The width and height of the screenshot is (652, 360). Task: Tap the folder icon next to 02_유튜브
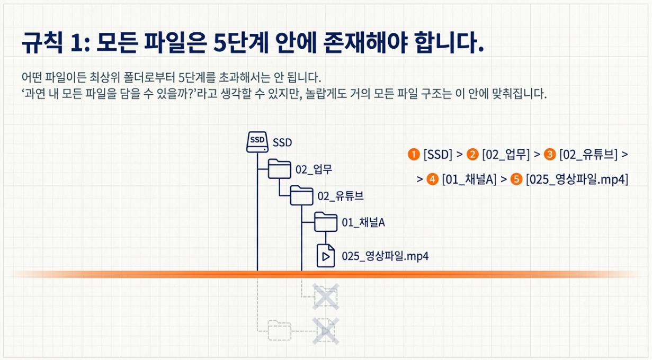click(302, 196)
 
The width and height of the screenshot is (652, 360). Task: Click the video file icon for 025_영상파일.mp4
click(325, 256)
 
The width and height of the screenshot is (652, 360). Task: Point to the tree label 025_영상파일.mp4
click(385, 256)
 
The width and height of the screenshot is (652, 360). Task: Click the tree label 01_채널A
click(363, 223)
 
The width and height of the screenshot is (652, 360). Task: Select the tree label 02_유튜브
click(341, 196)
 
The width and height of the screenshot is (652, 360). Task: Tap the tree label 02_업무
click(314, 170)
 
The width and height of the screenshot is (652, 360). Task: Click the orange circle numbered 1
click(413, 155)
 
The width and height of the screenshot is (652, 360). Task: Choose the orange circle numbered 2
click(472, 155)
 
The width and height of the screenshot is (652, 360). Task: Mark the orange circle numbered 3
click(550, 155)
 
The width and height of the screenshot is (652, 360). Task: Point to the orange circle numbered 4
click(432, 179)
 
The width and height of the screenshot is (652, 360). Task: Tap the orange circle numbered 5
click(516, 179)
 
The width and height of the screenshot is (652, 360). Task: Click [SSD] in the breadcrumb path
click(438, 155)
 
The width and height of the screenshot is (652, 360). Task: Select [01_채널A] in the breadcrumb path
click(469, 179)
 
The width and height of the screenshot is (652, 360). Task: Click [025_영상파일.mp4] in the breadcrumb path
click(577, 179)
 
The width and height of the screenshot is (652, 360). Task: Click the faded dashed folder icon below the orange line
click(279, 330)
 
